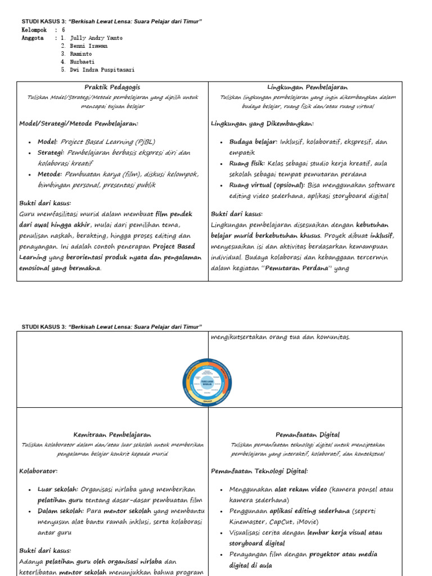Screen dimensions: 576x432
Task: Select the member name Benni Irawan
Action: coord(90,46)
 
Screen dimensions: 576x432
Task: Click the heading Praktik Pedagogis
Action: coord(112,87)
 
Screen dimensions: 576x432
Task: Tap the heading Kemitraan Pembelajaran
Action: coord(112,434)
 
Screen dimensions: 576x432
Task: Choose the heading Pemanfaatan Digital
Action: coord(307,434)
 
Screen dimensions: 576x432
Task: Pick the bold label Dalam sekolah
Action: coord(61,511)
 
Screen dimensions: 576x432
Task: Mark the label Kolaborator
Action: coord(38,471)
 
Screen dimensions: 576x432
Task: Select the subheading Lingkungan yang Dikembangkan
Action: coord(262,123)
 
